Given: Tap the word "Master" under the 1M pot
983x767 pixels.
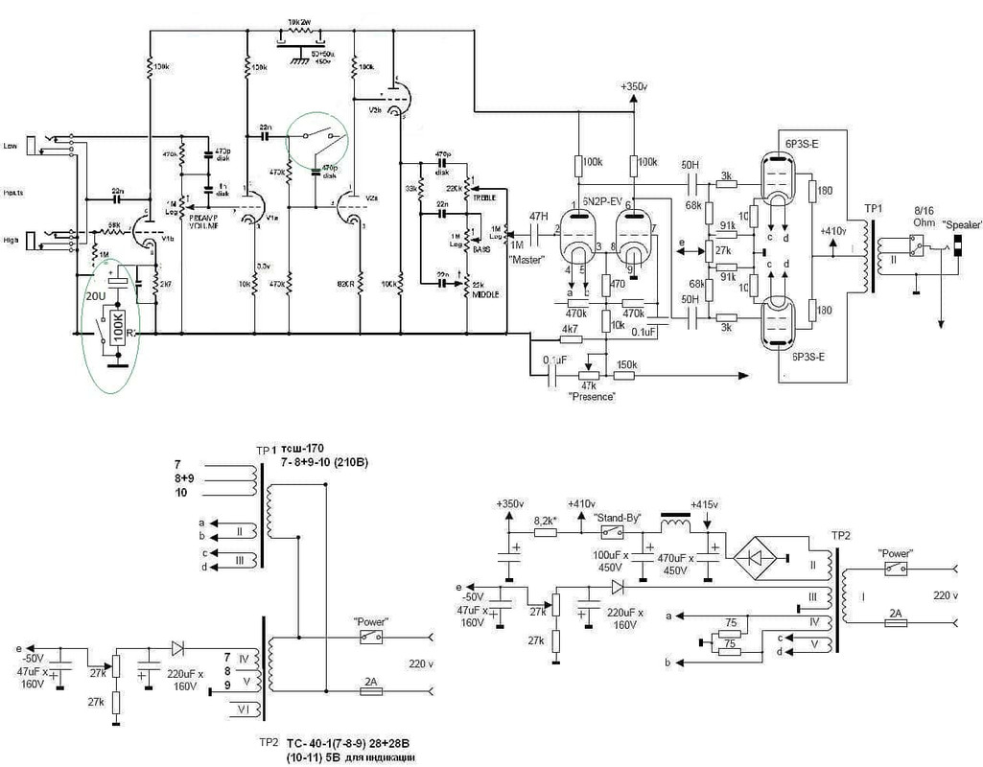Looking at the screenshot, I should coord(527,260).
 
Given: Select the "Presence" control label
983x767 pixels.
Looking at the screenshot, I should coord(591,394).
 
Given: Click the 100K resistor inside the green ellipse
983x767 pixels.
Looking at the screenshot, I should coord(116,328).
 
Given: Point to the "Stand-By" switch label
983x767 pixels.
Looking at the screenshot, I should coord(619,517).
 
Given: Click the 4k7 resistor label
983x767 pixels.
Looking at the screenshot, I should coord(569,328).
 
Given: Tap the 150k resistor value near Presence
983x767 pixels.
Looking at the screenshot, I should coord(628,364).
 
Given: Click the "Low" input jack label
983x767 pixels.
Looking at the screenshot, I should coord(12,146).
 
